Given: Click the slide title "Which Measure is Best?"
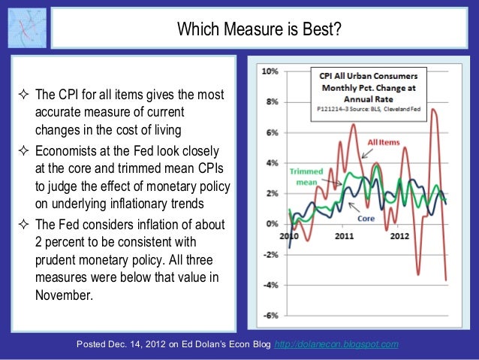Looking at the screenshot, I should click(x=259, y=29).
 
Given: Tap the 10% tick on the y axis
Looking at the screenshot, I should click(x=270, y=71).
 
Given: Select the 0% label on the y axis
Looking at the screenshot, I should click(x=272, y=224).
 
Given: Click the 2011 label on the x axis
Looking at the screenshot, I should click(x=345, y=236).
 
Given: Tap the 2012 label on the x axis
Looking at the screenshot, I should click(x=401, y=236).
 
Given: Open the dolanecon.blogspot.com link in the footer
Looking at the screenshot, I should click(x=338, y=343).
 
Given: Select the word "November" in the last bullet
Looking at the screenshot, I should click(x=63, y=294).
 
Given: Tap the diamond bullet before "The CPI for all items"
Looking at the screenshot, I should click(x=23, y=95).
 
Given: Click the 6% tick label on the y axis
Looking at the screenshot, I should click(x=272, y=132).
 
